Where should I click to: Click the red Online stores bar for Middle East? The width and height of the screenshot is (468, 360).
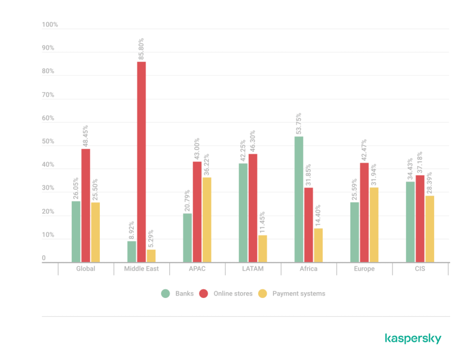point(141,162)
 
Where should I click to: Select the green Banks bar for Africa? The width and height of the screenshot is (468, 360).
point(299,199)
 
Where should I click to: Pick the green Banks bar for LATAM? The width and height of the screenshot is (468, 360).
point(243,213)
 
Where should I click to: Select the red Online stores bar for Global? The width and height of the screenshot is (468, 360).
point(86,205)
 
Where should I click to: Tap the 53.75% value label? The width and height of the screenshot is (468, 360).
point(299,123)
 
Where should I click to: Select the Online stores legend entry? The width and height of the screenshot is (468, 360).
point(226,294)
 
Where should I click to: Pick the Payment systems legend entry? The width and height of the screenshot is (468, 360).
point(292,294)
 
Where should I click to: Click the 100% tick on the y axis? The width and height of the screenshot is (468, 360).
point(50,25)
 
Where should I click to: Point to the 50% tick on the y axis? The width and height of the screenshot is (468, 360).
point(49,142)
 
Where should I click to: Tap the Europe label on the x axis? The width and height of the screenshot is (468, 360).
point(364,269)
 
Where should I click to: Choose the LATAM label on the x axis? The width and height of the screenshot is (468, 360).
point(253,269)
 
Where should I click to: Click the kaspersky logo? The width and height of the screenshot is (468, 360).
point(413,338)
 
